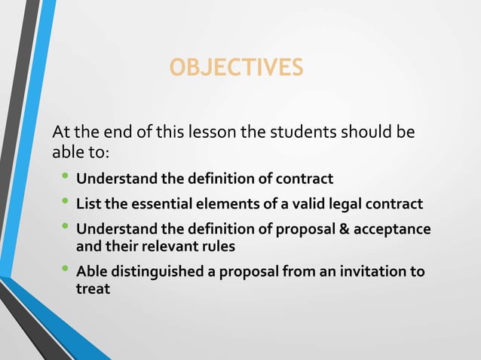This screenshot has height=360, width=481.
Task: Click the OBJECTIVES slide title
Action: pyautogui.click(x=237, y=69)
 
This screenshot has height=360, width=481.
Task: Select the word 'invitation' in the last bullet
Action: pyautogui.click(x=372, y=273)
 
